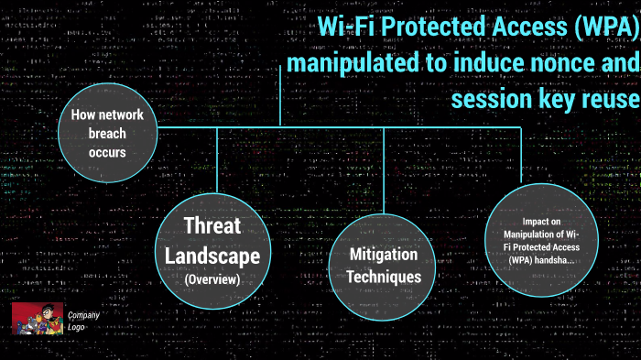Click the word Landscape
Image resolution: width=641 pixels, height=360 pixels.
pos(212,256)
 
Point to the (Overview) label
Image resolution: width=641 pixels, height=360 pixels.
pos(212,279)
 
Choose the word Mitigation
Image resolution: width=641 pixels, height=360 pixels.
pos(384,255)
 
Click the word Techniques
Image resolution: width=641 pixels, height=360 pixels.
pos(384,276)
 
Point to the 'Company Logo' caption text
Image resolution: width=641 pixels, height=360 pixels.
pos(83,322)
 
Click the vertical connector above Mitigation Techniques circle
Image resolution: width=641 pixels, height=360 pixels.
pos(384,169)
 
